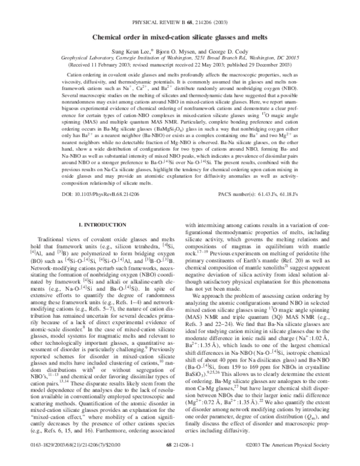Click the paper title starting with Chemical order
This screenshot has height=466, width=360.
coord(179,37)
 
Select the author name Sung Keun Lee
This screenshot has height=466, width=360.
coord(124,53)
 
